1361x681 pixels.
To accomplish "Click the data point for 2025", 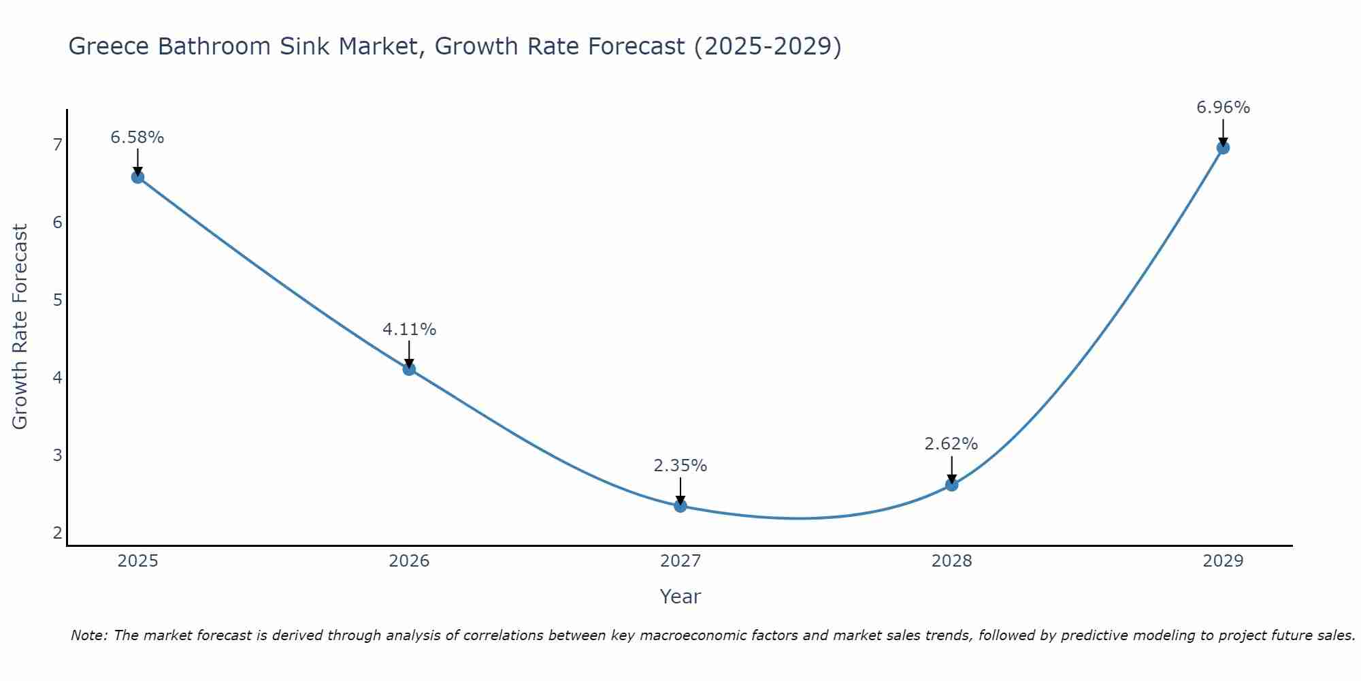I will click(137, 177).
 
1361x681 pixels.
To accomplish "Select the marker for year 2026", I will click(409, 369).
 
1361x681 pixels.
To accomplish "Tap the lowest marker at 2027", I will click(680, 506).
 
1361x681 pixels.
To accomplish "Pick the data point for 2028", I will click(951, 485).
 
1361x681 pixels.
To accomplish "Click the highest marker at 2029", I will click(1223, 148).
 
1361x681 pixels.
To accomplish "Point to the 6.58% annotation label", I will click(137, 138).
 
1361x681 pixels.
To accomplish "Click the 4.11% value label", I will click(409, 330).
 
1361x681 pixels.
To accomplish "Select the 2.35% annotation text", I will click(680, 466).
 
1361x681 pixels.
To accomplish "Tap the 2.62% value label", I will click(951, 444).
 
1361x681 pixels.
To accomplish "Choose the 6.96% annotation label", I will click(1223, 108).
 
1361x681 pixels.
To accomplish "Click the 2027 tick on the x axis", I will click(680, 561).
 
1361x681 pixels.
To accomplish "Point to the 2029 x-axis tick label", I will click(1223, 561).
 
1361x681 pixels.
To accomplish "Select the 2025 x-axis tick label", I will click(137, 561).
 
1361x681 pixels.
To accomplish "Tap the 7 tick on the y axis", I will click(57, 144).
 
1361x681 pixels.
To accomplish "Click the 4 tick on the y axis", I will click(57, 377).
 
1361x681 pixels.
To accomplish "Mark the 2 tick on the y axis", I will click(57, 533).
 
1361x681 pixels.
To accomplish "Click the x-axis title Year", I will click(680, 597).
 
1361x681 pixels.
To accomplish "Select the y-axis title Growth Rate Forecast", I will click(20, 327).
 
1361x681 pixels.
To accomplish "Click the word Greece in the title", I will click(109, 46).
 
